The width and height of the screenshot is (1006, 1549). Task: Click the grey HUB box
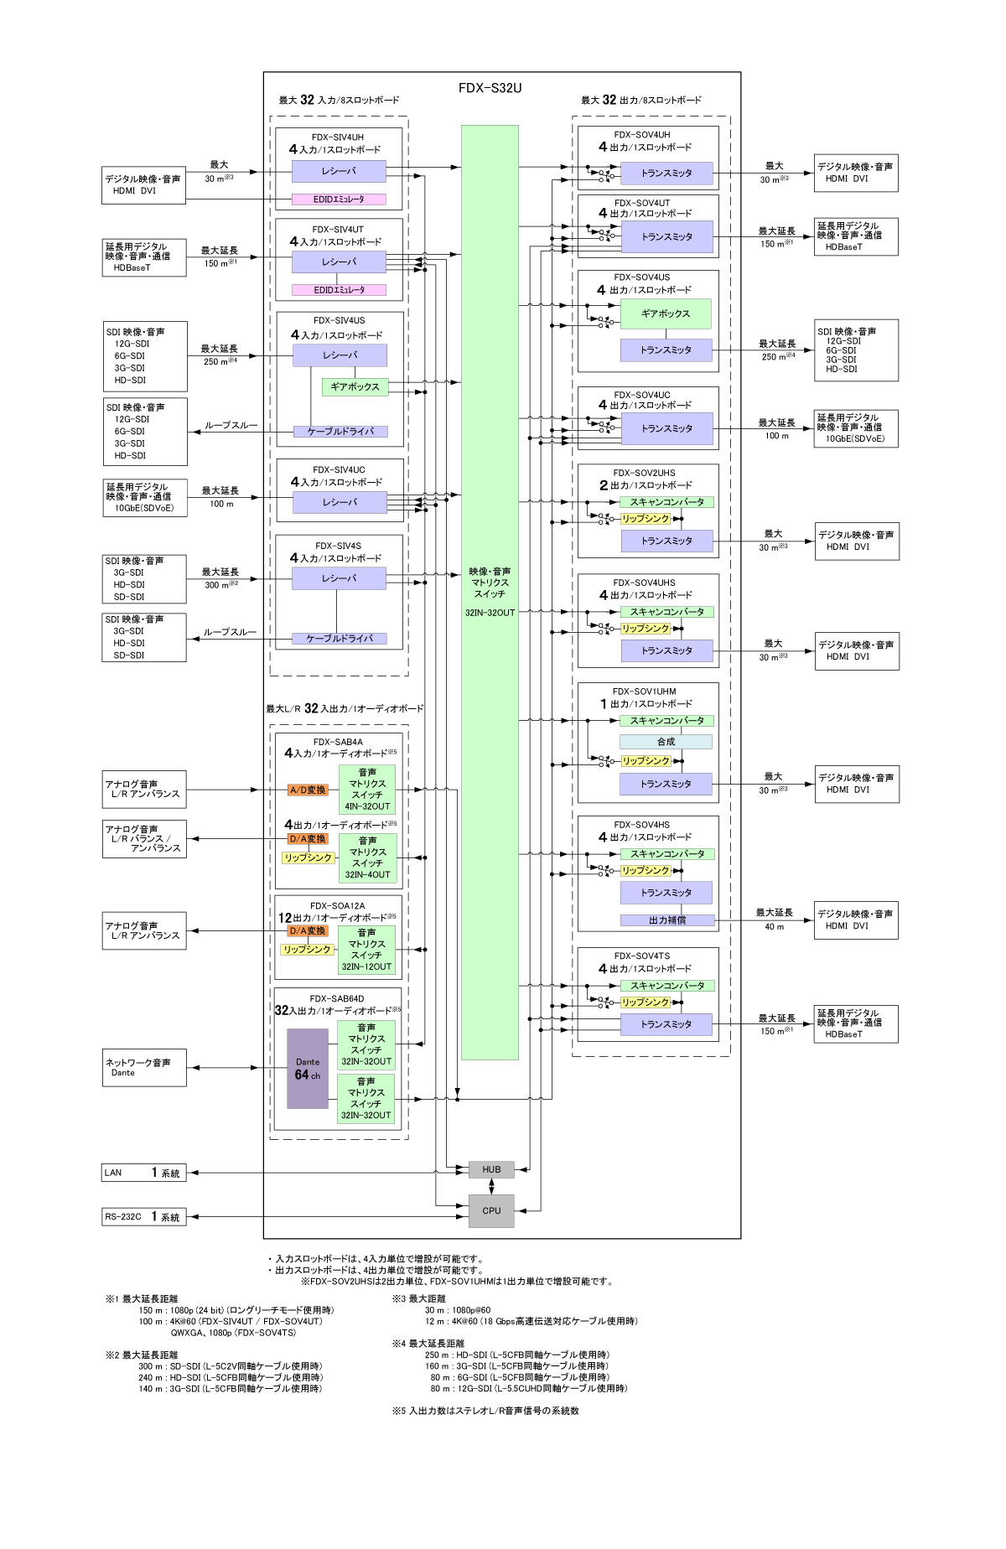point(491,1169)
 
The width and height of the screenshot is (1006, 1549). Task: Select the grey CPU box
point(491,1210)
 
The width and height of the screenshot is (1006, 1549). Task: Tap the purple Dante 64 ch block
point(308,1068)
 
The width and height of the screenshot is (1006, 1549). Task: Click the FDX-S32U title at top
point(490,88)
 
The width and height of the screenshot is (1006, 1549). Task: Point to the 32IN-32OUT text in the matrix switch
point(490,613)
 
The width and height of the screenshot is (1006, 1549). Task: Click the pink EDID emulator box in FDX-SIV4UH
point(339,199)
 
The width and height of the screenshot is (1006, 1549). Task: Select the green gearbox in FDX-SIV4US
point(355,387)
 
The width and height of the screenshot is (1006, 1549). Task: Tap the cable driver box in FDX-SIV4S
point(339,639)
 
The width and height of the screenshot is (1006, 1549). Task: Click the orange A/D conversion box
point(308,790)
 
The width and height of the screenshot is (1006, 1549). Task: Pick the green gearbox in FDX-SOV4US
point(666,313)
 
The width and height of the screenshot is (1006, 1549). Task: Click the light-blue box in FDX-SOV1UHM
point(666,742)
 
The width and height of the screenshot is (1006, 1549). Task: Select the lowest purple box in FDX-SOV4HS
point(666,920)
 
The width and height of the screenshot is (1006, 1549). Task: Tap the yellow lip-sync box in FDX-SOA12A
point(307,950)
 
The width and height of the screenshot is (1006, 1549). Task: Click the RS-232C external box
point(144,1217)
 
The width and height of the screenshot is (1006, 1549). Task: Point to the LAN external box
point(144,1173)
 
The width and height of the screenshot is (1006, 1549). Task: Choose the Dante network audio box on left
point(144,1068)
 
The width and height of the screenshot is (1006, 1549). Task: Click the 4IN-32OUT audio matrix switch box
point(367,790)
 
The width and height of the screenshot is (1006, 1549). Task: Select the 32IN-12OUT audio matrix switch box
point(366,950)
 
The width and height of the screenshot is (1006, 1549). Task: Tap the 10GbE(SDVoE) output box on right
point(855,428)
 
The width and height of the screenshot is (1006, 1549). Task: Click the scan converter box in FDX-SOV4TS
point(667,986)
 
